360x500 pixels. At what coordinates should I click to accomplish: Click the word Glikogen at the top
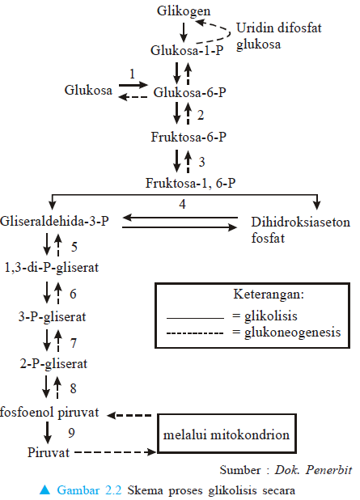click(x=185, y=11)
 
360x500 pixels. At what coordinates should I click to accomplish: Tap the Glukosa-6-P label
click(x=190, y=92)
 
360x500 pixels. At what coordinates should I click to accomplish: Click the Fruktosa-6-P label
click(x=187, y=137)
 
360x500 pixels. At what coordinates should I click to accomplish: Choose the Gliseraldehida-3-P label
click(x=55, y=220)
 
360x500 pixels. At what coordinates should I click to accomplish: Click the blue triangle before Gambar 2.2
click(x=48, y=489)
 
